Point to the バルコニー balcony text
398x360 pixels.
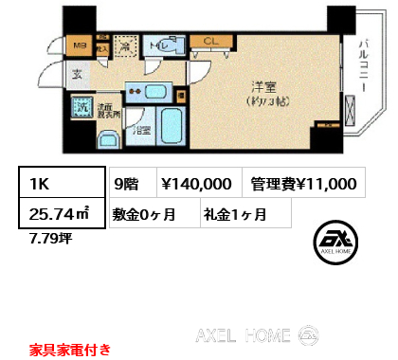[x=363, y=67]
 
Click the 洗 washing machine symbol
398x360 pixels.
[x=81, y=109]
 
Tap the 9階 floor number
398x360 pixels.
[x=126, y=184]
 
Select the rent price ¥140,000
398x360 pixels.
[x=195, y=184]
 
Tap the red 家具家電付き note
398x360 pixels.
[x=68, y=349]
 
